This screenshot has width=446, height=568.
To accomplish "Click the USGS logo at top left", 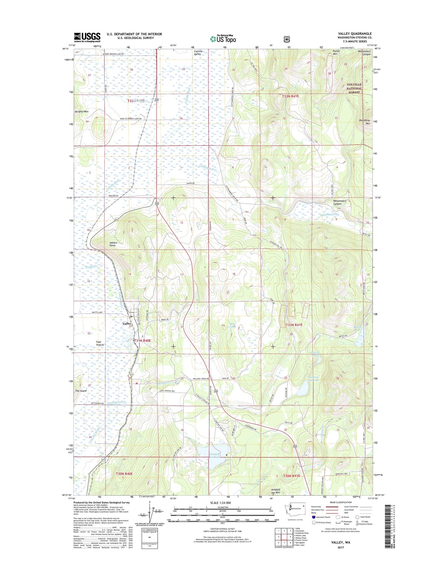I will pyautogui.click(x=87, y=37).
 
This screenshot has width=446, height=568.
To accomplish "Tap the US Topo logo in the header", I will pyautogui.click(x=223, y=39).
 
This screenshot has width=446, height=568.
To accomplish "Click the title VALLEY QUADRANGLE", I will pyautogui.click(x=355, y=34).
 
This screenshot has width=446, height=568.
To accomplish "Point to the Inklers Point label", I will pyautogui.click(x=113, y=244).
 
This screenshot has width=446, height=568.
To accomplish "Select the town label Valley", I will pyautogui.click(x=127, y=323).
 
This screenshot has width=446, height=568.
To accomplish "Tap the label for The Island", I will pyautogui.click(x=81, y=391).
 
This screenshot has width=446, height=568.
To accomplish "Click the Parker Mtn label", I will pyautogui.click(x=336, y=52).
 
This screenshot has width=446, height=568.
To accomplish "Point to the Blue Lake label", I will pyautogui.click(x=232, y=325).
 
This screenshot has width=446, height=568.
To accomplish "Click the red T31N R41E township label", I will pyautogui.click(x=294, y=325).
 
